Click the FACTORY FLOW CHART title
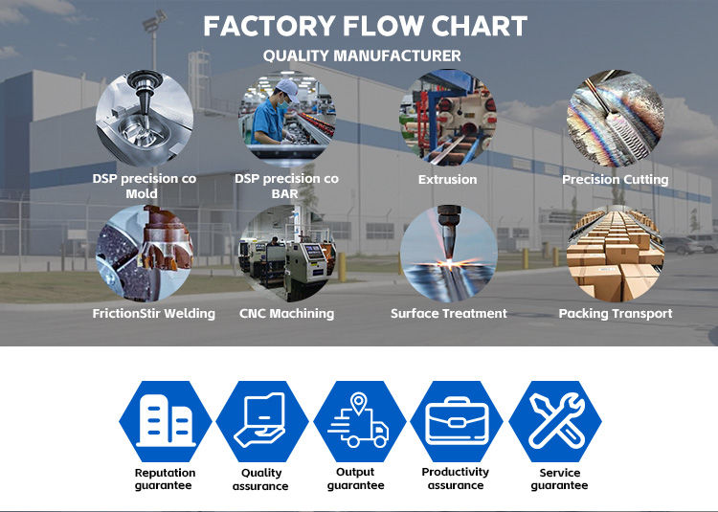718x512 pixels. pos(365,26)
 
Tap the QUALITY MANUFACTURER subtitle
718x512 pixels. pos(362,56)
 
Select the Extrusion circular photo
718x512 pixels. pos(447,117)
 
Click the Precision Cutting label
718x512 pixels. pos(615,179)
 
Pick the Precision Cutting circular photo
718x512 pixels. pos(615,117)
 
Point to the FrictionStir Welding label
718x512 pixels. pos(153,313)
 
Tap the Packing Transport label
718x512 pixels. pos(615,313)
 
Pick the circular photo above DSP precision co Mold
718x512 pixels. pos(144,117)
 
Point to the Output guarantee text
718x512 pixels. pos(355,479)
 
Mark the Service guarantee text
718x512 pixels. pos(559,479)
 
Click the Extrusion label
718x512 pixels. pos(447,179)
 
